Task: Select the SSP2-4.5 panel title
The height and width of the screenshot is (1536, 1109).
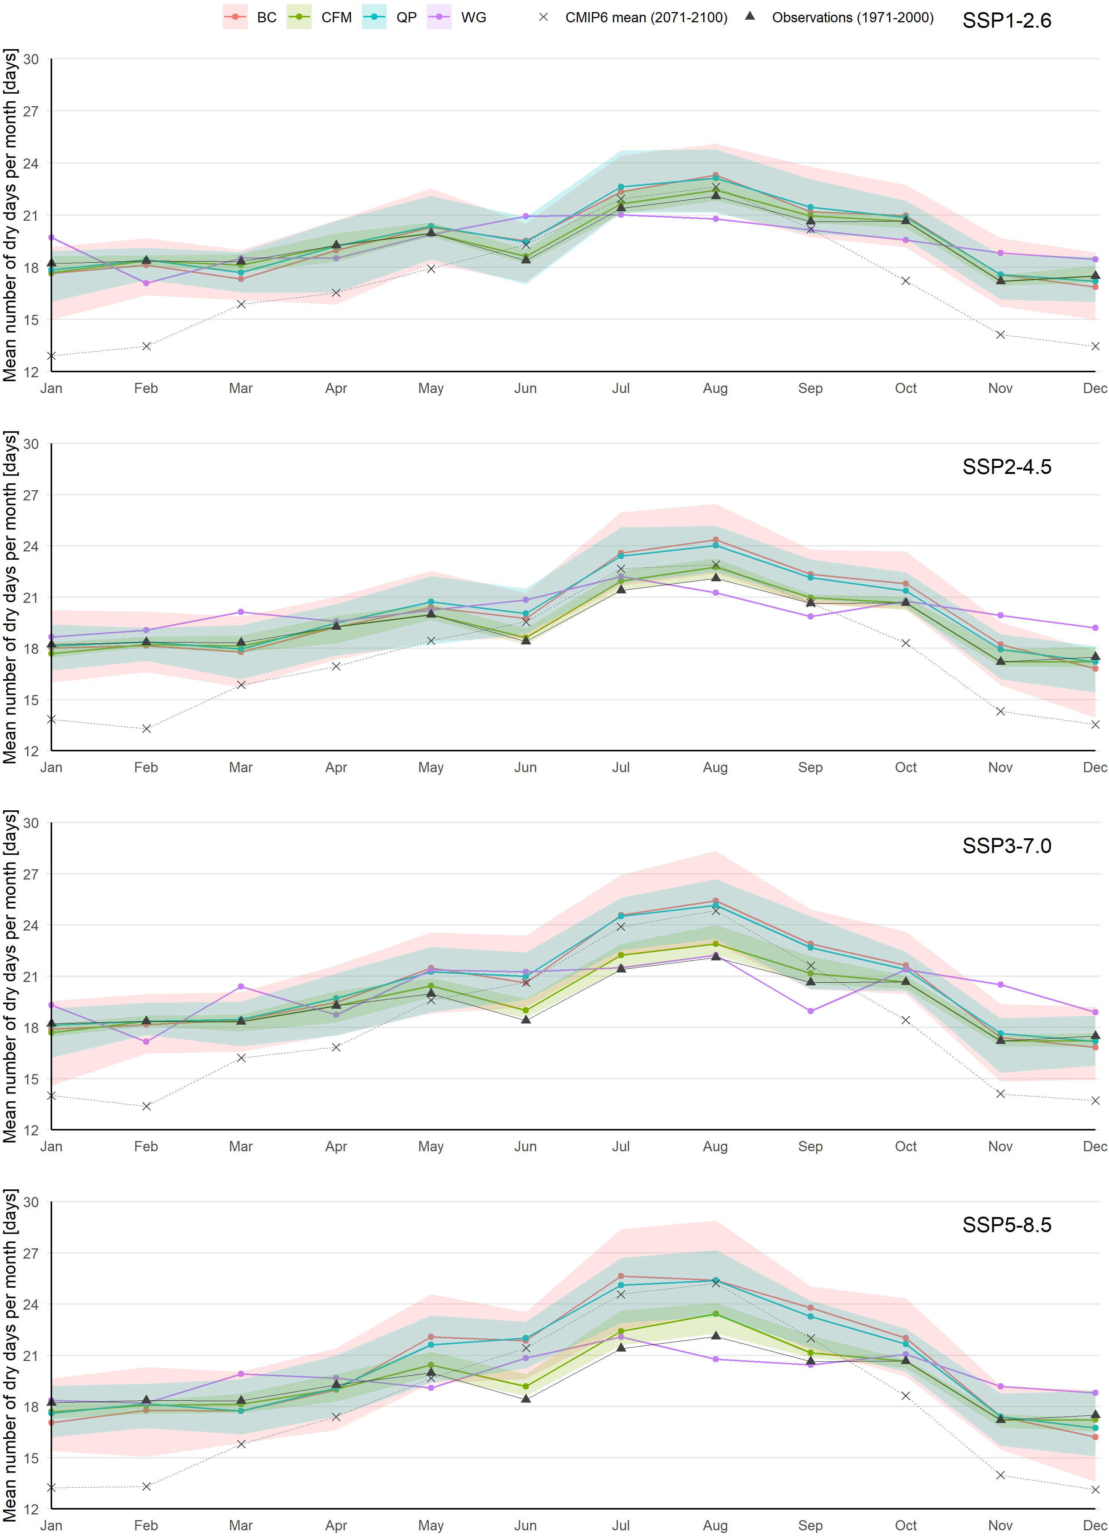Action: [x=1006, y=467]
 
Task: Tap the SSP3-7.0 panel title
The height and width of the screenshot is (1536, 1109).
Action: [x=1006, y=846]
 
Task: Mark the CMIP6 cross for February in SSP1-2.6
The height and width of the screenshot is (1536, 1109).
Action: [x=146, y=346]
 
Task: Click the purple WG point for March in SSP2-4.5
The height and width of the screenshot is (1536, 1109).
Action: [x=241, y=612]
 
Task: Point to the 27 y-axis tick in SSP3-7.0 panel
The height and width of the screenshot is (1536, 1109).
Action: [x=31, y=874]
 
